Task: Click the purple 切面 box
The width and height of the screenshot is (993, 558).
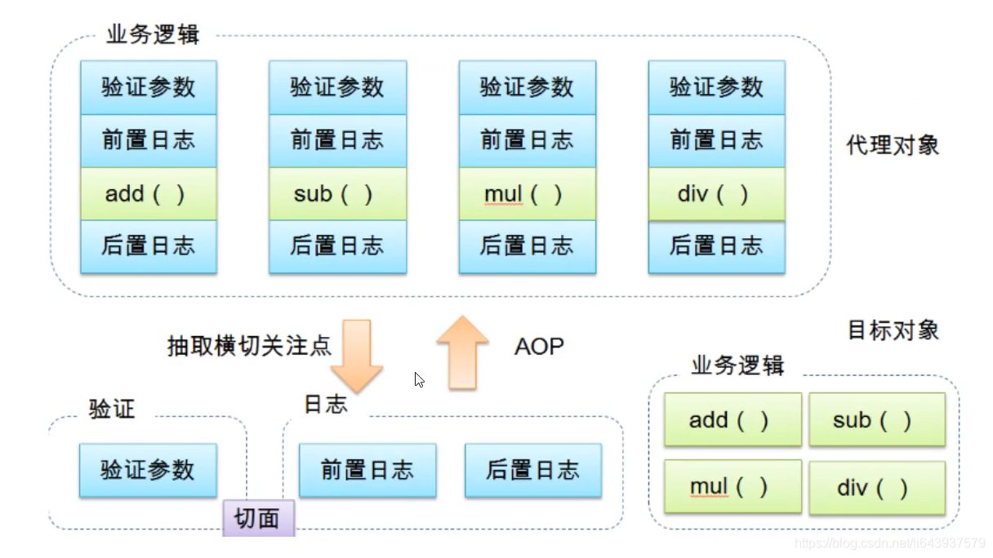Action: click(258, 518)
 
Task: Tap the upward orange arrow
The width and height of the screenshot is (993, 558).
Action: click(462, 352)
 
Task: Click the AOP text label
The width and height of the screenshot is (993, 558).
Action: click(539, 347)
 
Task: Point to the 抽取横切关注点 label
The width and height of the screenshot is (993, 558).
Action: click(249, 346)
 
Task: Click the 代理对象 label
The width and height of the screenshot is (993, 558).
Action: click(893, 146)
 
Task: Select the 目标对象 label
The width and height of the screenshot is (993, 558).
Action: click(893, 330)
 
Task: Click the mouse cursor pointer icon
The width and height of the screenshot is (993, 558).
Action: click(419, 379)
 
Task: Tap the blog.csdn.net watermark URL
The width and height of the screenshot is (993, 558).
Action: click(889, 543)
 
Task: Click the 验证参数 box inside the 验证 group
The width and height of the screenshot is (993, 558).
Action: click(148, 470)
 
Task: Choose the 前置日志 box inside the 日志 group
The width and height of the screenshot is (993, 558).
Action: click(367, 470)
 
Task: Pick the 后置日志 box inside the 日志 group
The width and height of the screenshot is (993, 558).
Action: click(532, 470)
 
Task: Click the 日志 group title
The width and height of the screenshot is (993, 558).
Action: click(325, 404)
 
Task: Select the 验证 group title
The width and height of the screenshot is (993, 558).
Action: click(111, 409)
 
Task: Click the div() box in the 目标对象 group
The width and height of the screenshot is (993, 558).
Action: click(876, 488)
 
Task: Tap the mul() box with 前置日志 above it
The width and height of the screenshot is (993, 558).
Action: click(527, 194)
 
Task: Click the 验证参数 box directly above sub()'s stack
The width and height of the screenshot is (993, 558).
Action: click(337, 87)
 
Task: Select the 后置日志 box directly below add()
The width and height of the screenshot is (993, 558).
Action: click(148, 246)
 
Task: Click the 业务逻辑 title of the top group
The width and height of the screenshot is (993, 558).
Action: click(153, 35)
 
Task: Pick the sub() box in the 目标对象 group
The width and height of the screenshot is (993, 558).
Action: click(876, 420)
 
